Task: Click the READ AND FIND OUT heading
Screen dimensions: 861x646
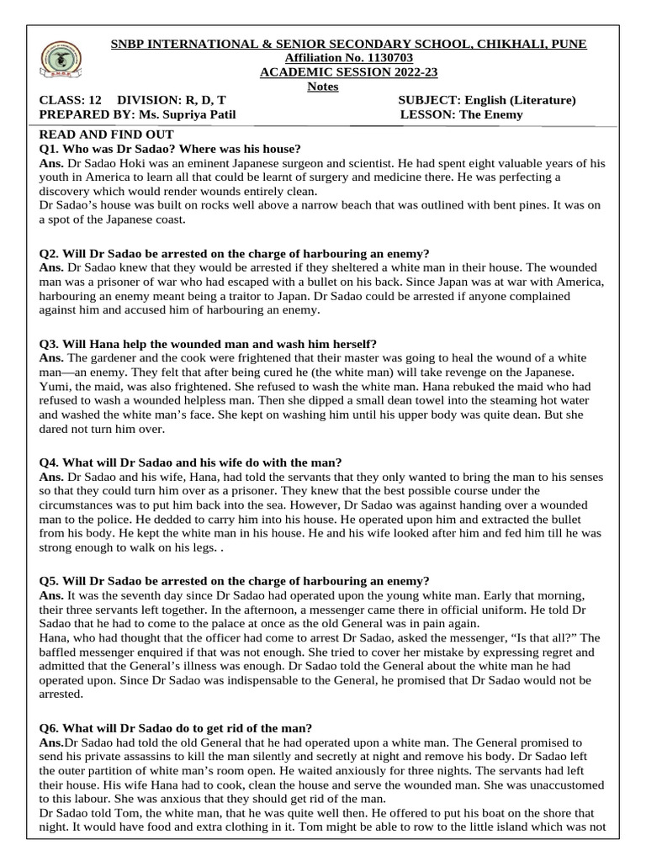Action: point(107,135)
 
